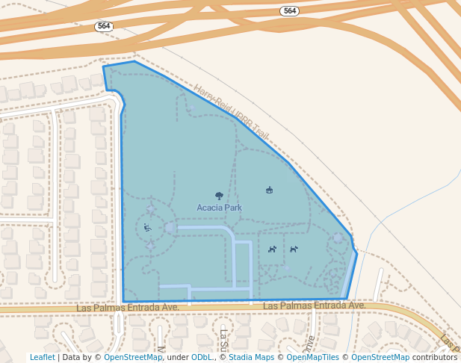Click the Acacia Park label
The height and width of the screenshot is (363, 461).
(219, 208)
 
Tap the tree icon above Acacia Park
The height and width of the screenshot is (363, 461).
(219, 196)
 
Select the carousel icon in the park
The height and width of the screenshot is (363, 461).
(269, 190)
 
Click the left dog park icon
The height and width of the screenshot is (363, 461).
(273, 249)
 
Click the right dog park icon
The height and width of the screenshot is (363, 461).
(294, 249)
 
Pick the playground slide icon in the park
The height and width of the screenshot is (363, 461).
(147, 228)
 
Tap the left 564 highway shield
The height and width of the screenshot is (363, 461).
(104, 26)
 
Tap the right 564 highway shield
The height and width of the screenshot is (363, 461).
(290, 10)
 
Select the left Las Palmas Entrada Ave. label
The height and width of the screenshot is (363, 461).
(129, 307)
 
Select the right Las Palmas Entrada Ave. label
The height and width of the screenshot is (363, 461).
(314, 305)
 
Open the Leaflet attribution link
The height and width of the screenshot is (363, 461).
(43, 357)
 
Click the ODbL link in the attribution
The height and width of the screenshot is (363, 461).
(202, 357)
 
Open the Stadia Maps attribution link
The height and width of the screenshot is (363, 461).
(253, 357)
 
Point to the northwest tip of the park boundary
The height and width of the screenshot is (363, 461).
(103, 67)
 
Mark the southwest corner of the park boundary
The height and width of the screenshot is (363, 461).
(124, 302)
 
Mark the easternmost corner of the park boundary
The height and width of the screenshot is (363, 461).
(357, 254)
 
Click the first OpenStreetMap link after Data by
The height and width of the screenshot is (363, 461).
(133, 357)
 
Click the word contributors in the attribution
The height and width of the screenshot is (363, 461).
(434, 357)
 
